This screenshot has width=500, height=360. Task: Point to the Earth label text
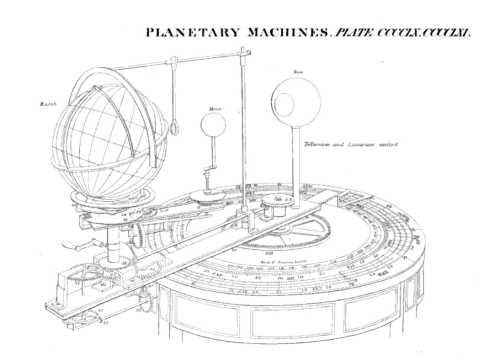click(46, 104)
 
